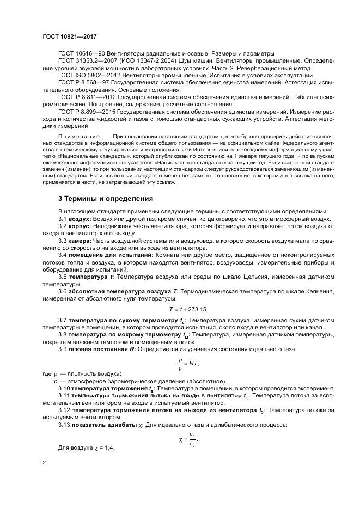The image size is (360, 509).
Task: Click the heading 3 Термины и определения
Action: click(105, 199)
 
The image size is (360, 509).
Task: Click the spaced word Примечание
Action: click(78, 134)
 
